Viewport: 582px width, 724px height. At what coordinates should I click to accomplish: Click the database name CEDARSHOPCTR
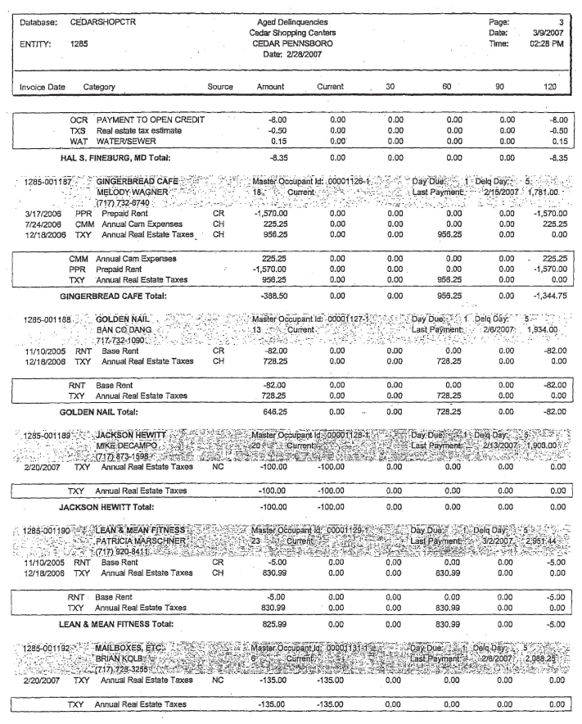click(97, 16)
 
